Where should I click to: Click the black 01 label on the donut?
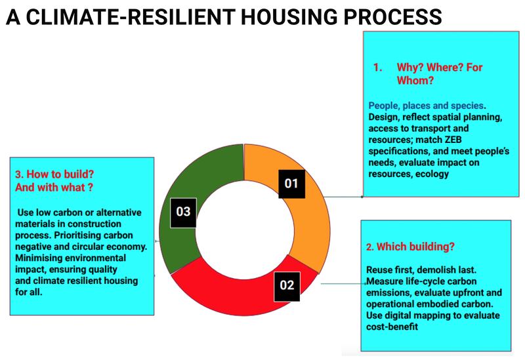click(291, 183)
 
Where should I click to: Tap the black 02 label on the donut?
click(287, 285)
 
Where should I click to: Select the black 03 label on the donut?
click(183, 212)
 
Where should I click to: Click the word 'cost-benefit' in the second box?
click(394, 327)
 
